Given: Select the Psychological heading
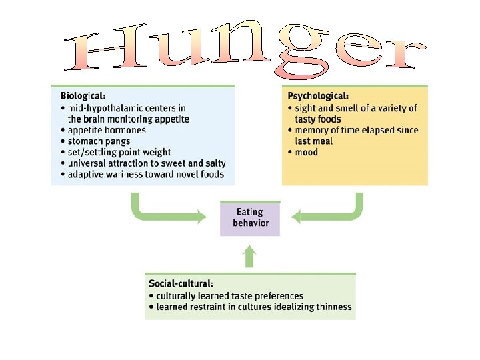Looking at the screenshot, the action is tap(318, 96).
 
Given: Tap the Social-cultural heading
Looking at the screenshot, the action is tap(181, 283).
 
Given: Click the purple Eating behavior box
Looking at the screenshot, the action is tap(250, 218).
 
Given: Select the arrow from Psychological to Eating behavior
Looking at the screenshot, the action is tap(333, 211).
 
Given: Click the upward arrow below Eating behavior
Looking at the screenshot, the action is tap(249, 257).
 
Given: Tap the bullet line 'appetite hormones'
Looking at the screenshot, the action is tap(107, 130).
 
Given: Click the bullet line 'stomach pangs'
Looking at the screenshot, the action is tap(99, 141).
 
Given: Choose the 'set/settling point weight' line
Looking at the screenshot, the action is tap(119, 153).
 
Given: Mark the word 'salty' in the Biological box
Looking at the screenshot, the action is tap(213, 163).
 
